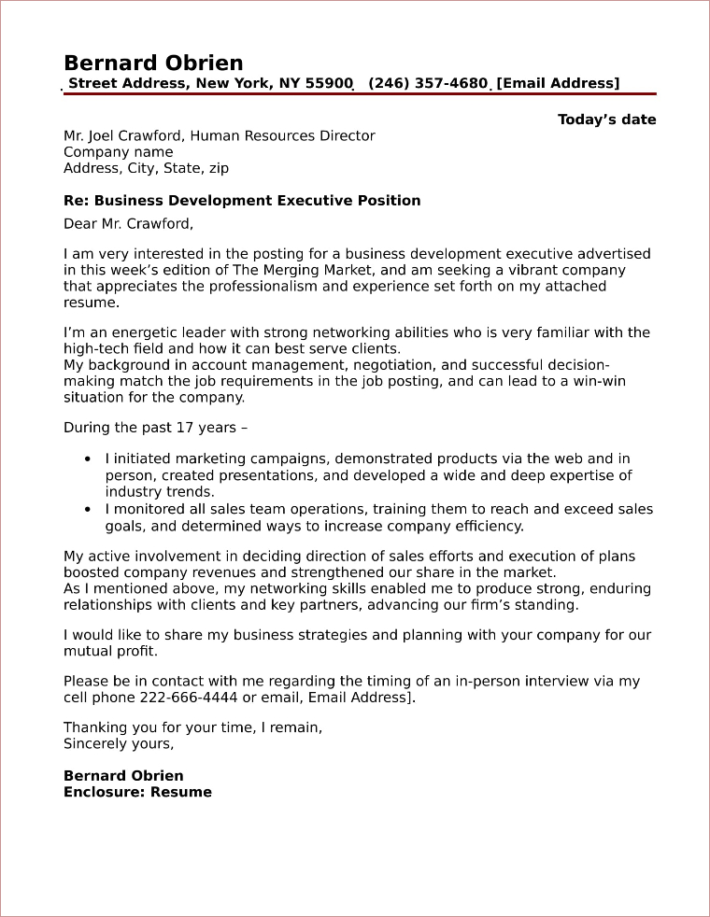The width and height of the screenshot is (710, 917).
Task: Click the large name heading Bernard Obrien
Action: click(153, 63)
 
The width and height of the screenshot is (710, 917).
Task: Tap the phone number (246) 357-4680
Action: click(428, 84)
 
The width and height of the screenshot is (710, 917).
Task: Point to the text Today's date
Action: click(606, 120)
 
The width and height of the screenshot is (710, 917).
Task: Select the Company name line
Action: click(118, 152)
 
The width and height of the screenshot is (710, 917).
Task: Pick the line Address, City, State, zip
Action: click(146, 169)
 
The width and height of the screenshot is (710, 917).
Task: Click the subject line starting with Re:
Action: click(242, 201)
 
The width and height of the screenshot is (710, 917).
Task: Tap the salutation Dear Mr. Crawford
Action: click(128, 223)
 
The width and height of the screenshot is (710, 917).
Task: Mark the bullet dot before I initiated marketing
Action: click(88, 459)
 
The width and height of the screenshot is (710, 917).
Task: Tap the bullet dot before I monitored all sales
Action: click(88, 510)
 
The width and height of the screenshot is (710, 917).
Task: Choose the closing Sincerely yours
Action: click(118, 744)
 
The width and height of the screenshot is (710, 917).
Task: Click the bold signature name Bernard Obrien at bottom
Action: click(123, 776)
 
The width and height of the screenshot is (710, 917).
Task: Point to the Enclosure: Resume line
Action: click(137, 793)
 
